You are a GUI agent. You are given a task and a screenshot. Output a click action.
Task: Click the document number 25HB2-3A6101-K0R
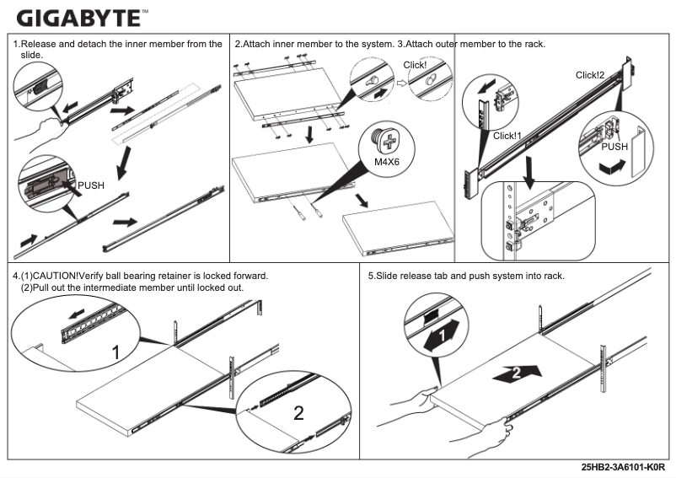(x=623, y=466)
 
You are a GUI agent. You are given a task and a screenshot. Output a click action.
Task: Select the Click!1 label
(x=507, y=136)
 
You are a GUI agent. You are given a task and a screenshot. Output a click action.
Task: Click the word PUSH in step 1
(x=91, y=185)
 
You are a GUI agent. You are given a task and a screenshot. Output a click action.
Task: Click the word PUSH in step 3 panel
(x=614, y=146)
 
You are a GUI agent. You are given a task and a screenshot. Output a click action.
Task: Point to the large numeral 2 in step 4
(x=298, y=413)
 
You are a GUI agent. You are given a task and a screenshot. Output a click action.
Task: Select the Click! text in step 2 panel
(x=416, y=65)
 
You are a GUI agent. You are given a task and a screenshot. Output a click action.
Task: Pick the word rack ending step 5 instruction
(x=552, y=277)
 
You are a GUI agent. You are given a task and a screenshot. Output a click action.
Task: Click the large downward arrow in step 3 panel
(x=528, y=167)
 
